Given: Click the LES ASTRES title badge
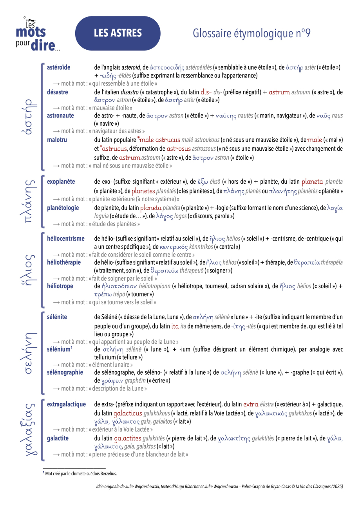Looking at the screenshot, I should tap(118, 33).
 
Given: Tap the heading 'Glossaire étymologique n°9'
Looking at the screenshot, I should tap(251, 34).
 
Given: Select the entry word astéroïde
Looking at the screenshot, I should tap(58, 67).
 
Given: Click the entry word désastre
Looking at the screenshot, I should tap(57, 92).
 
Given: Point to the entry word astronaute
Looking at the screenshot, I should tap(60, 116).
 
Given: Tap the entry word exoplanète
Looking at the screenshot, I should tap(61, 182).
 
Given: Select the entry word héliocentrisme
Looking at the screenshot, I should tap(65, 238).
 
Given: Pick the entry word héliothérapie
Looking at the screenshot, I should tap(63, 262).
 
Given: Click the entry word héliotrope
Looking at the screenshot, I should tap(60, 286).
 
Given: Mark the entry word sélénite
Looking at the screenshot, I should tap(57, 316).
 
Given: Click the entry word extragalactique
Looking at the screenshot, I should tap(66, 404).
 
